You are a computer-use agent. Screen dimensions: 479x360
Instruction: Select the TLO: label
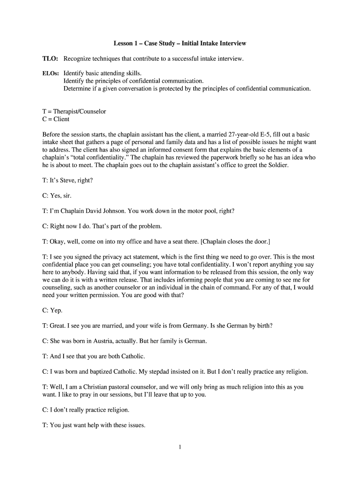click(50, 58)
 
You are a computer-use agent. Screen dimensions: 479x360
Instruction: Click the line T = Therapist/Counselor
click(74, 112)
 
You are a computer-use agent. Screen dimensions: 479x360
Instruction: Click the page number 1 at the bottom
click(180, 447)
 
